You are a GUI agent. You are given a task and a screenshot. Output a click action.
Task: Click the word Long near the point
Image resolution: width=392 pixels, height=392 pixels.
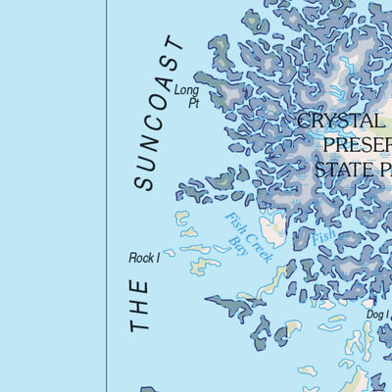click(x=186, y=90)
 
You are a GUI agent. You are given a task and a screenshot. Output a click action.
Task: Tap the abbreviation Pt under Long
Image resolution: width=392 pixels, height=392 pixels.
click(x=193, y=102)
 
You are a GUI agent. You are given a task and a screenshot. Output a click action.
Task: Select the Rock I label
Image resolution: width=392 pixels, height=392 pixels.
click(x=143, y=258)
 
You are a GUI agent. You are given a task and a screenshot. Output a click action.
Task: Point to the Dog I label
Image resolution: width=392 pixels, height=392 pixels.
click(x=376, y=314)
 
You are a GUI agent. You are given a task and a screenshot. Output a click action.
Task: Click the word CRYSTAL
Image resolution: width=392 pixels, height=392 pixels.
click(x=338, y=122)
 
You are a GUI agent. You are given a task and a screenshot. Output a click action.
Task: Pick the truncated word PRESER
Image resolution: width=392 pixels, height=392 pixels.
click(x=356, y=146)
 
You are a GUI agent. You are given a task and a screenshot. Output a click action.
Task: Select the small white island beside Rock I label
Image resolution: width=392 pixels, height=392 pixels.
click(x=169, y=253)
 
